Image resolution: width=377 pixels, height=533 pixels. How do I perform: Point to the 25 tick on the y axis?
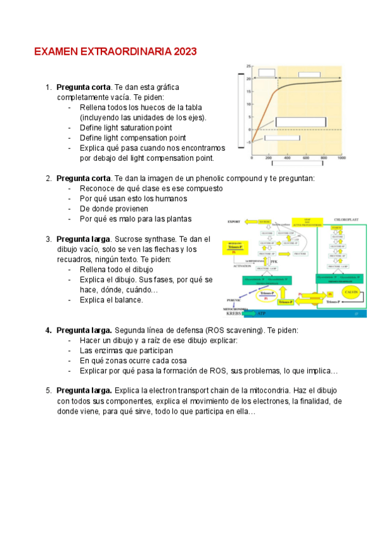pyautogui.click(x=249, y=66)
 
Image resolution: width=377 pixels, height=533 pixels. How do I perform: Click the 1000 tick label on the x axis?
pyautogui.click(x=341, y=158)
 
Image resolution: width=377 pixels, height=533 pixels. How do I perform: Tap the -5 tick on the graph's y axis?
pyautogui.click(x=249, y=143)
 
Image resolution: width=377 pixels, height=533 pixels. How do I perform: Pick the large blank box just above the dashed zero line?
pyautogui.click(x=300, y=122)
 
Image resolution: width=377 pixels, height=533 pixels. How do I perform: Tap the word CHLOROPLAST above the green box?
pyautogui.click(x=346, y=220)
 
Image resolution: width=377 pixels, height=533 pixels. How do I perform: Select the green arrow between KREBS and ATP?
pyautogui.click(x=249, y=313)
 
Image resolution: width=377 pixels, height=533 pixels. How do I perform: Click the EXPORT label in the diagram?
pyautogui.click(x=234, y=221)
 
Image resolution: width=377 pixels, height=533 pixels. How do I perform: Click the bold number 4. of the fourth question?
pyautogui.click(x=48, y=330)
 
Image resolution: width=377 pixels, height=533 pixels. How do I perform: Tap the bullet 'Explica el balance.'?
pyautogui.click(x=111, y=300)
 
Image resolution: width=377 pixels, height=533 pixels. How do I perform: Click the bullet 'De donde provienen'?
pyautogui.click(x=113, y=208)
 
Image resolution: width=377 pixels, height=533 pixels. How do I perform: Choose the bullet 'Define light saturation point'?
pyautogui.click(x=126, y=128)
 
